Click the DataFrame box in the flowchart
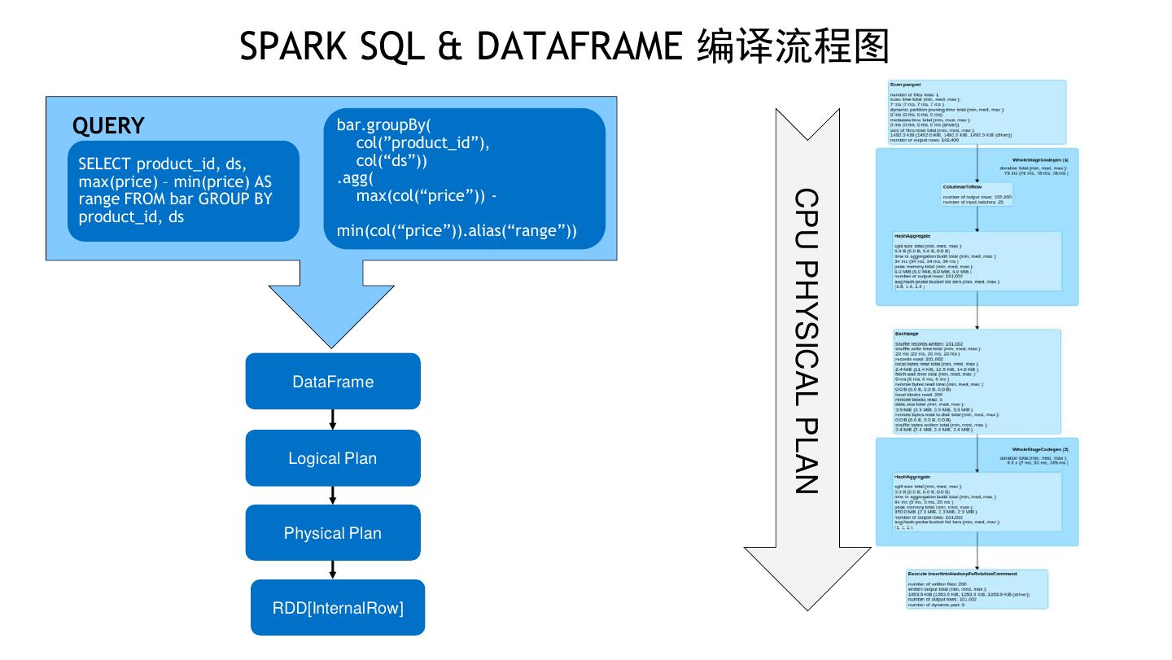tap(333, 381)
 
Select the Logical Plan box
tap(333, 458)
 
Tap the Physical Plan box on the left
tap(333, 533)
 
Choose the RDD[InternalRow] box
tap(338, 607)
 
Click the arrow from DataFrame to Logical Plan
tap(333, 419)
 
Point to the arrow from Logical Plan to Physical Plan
tap(333, 495)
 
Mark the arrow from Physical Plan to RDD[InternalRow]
tap(333, 569)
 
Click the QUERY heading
tap(108, 126)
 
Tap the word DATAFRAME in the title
tap(579, 47)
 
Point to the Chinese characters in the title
tap(792, 47)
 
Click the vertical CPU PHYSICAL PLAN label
tap(805, 341)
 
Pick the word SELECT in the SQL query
tap(104, 164)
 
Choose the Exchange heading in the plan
tap(907, 334)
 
